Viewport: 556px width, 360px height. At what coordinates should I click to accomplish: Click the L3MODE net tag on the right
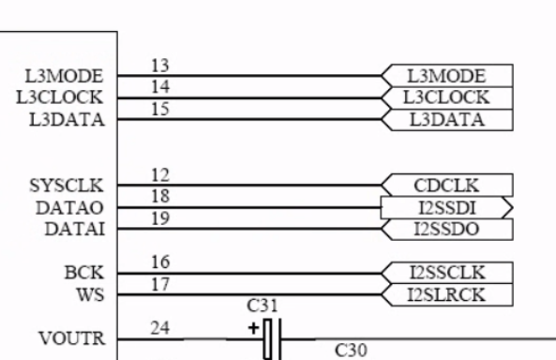click(447, 76)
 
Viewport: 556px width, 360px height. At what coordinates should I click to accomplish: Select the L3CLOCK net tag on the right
click(447, 97)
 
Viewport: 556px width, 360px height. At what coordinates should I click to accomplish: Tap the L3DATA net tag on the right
click(447, 119)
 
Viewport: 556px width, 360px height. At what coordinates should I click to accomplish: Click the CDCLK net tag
click(447, 185)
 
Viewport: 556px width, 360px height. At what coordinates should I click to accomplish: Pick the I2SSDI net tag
click(447, 207)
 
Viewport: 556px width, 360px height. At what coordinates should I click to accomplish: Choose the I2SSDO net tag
click(447, 229)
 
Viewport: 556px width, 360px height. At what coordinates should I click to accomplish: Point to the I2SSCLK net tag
click(447, 273)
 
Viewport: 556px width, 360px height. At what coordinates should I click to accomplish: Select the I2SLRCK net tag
click(447, 294)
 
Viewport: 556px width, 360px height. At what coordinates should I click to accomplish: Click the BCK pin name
click(89, 273)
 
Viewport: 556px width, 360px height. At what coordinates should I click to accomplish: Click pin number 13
click(161, 67)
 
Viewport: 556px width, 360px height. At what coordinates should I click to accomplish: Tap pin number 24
click(161, 329)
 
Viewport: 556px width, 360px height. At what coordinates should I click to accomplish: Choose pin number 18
click(161, 197)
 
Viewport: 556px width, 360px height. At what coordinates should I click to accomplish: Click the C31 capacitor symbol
click(272, 338)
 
